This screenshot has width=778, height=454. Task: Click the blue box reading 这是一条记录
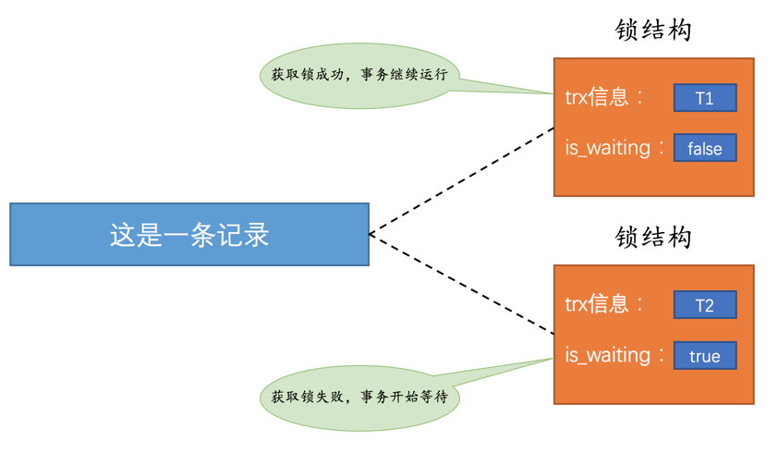point(189,235)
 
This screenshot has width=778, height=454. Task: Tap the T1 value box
point(705,98)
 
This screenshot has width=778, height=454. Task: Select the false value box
point(705,149)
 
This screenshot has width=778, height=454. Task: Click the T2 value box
point(705,305)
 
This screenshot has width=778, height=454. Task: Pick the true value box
point(705,356)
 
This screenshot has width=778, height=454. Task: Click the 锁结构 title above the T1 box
point(653,31)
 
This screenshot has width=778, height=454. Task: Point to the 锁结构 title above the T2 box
point(653,238)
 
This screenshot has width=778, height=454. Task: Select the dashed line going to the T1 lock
point(462,181)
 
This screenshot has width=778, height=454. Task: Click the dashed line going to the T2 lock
point(462,285)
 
